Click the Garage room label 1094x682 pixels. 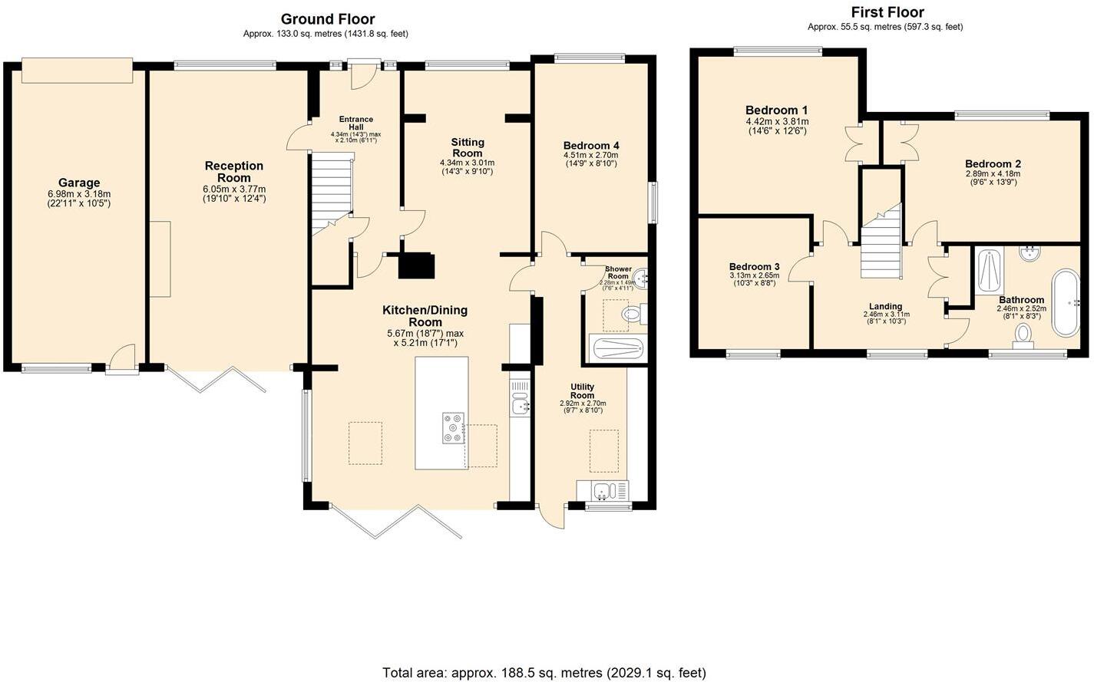click(79, 183)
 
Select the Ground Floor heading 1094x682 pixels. click(327, 19)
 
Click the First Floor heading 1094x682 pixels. click(887, 12)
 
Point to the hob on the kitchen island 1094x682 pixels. click(453, 428)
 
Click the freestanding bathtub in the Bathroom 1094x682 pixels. click(1065, 301)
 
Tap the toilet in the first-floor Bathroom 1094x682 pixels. click(1022, 335)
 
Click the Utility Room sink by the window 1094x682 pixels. click(603, 490)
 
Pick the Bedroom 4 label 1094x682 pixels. click(590, 146)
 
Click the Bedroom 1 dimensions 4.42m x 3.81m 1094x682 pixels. click(777, 121)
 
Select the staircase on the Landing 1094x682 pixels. click(880, 244)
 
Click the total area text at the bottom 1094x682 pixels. click(544, 673)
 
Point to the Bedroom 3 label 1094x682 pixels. click(754, 267)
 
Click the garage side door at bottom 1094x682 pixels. click(122, 361)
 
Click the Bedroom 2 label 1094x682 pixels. click(993, 164)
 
